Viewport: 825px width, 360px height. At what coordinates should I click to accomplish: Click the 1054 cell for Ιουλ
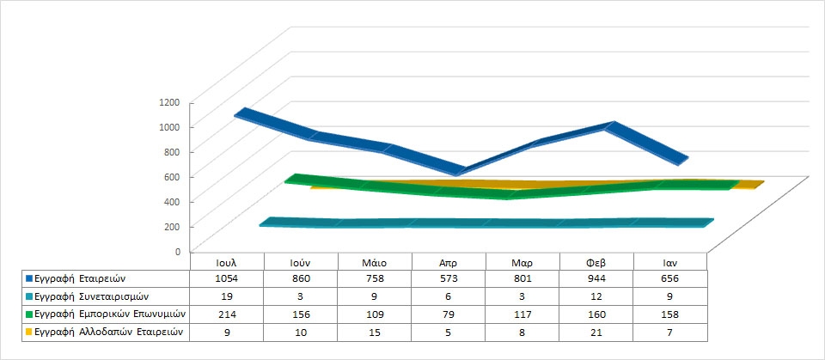(x=227, y=278)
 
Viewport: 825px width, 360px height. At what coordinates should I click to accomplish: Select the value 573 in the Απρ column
(x=449, y=278)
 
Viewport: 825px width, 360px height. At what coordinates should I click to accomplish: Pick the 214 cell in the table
(x=227, y=313)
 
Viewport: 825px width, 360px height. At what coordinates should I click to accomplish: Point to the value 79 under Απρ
(x=449, y=313)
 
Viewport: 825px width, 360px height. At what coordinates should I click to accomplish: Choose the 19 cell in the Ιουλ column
(x=227, y=296)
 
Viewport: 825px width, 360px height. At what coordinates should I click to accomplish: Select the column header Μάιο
(x=375, y=261)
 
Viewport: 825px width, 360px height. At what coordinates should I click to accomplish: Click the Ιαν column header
(x=670, y=261)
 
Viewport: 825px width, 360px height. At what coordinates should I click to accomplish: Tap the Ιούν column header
(x=301, y=261)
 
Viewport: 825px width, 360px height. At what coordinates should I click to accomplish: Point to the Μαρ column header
(x=522, y=261)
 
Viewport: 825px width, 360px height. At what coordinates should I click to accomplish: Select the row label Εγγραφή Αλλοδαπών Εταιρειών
(x=101, y=331)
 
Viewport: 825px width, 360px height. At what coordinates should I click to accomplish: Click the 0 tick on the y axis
(x=177, y=252)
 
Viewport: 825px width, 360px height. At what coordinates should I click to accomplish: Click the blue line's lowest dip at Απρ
(x=461, y=171)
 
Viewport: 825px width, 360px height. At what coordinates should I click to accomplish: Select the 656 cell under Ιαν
(x=670, y=278)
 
